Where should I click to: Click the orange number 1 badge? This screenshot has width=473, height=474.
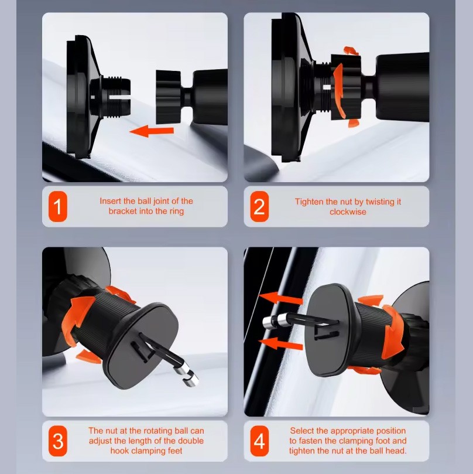58,206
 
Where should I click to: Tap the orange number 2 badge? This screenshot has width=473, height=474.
259,206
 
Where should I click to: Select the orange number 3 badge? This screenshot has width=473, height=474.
58,441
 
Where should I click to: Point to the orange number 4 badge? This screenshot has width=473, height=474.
259,441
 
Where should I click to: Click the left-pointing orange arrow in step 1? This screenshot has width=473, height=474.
152,131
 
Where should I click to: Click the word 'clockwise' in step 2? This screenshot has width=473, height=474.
348,212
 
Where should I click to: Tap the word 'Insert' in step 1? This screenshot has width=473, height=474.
110,201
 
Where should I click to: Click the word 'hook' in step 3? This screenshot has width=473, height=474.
119,451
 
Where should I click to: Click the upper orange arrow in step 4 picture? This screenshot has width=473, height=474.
281,298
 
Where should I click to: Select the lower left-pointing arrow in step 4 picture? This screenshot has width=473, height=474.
281,344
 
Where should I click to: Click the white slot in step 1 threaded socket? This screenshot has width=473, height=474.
120,98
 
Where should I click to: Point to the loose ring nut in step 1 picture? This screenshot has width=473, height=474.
169,97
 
